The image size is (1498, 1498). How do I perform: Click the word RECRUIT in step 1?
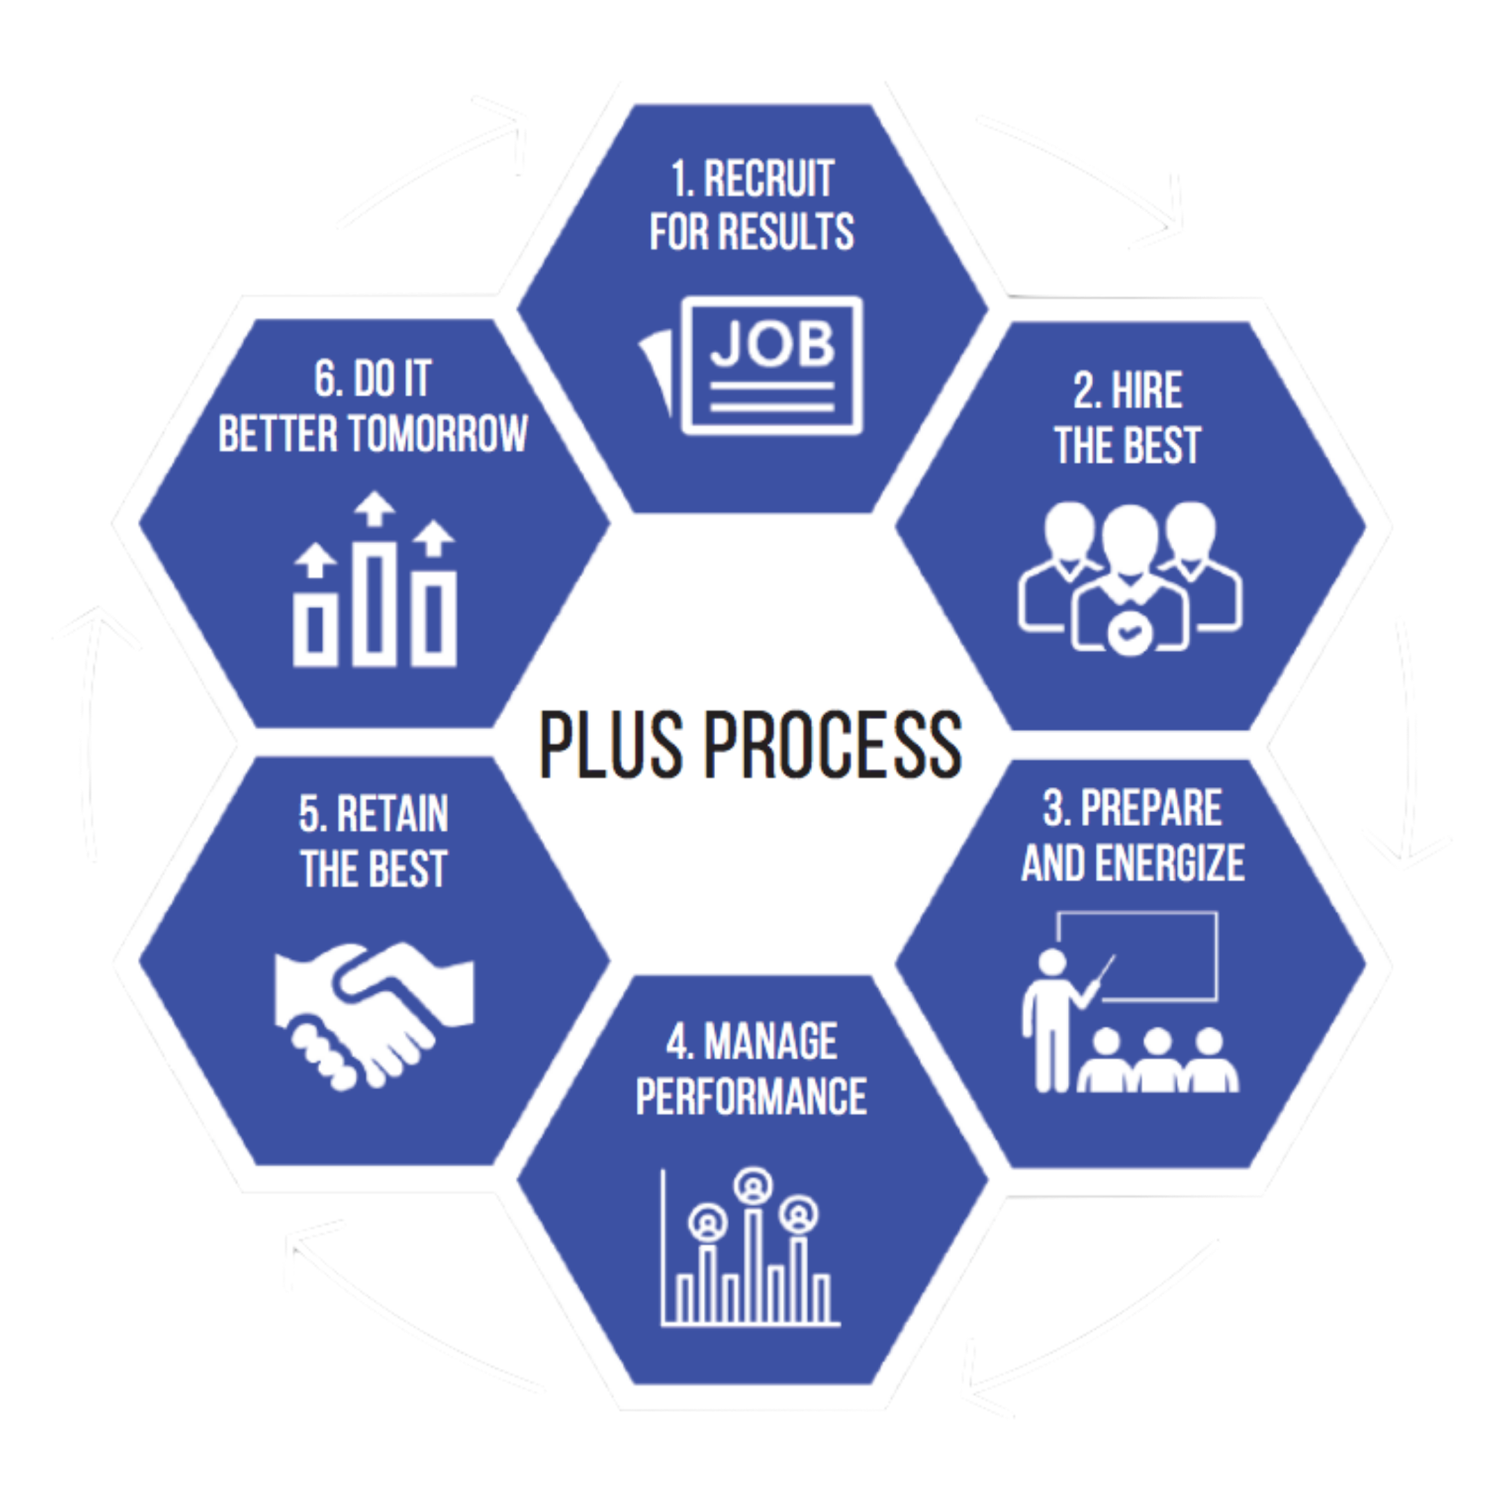point(768,179)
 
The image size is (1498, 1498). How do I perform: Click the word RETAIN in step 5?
point(393,814)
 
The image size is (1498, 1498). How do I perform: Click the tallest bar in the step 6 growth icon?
point(374,605)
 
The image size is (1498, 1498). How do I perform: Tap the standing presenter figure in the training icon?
point(1051,1019)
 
